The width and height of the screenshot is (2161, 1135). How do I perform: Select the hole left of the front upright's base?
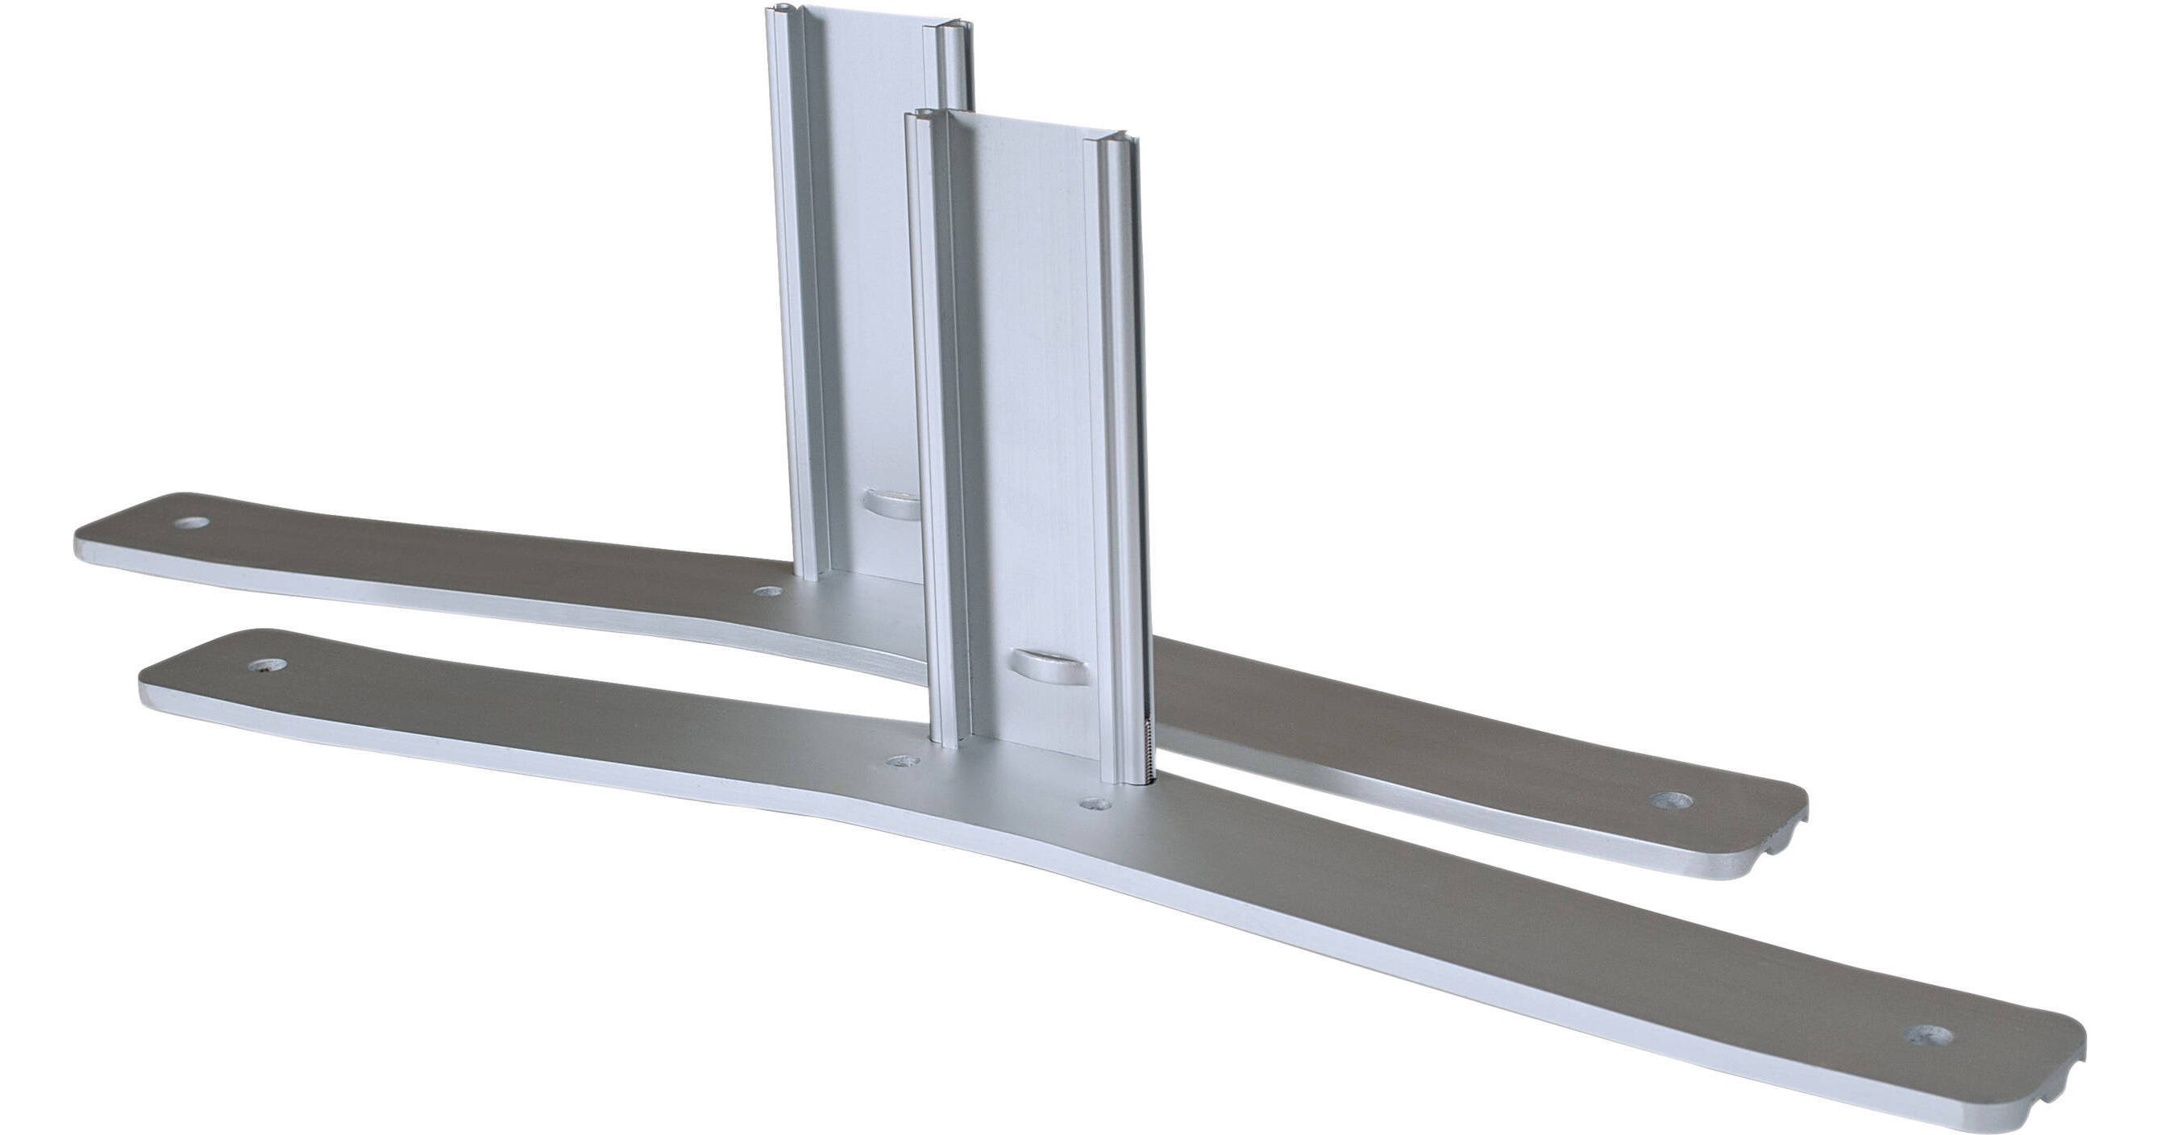(x=904, y=763)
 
